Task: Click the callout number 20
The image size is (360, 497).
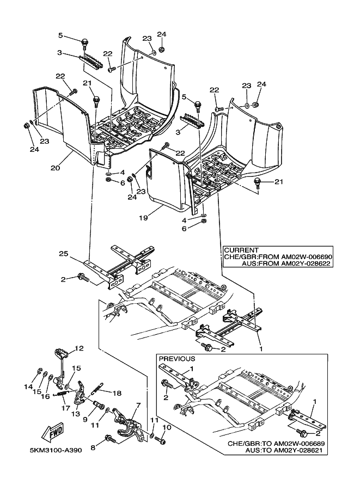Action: point(55,168)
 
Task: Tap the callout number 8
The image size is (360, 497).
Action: point(167,427)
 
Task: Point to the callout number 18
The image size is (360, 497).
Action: point(116,392)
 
